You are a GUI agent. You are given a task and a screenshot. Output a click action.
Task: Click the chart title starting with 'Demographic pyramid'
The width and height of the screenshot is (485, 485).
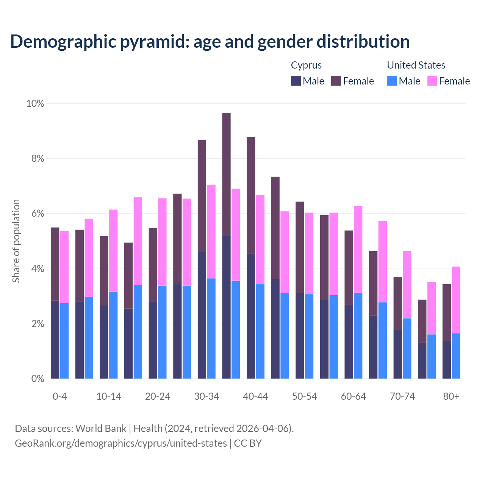210,41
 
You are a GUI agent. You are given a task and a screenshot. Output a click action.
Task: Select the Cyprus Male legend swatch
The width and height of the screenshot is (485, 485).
296,81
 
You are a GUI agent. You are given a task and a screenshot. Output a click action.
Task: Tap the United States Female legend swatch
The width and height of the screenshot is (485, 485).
432,81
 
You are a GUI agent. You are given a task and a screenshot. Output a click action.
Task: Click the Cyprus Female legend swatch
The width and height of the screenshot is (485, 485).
336,81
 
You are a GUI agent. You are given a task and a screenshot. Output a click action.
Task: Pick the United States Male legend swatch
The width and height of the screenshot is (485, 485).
392,81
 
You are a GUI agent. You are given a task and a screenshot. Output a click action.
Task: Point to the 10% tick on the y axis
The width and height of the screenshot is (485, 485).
35,103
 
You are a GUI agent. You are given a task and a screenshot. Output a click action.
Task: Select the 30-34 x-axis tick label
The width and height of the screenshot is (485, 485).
207,396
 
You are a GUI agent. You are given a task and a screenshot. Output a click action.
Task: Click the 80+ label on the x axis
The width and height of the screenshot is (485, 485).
451,396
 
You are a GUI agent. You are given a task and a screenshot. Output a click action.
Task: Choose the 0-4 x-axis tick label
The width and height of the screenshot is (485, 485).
59,396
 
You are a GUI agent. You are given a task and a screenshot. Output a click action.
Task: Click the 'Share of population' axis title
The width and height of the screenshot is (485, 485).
16,241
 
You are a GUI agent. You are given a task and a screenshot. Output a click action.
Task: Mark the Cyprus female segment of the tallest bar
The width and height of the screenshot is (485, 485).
226,174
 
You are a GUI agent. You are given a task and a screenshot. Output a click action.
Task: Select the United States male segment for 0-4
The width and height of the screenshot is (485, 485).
64,341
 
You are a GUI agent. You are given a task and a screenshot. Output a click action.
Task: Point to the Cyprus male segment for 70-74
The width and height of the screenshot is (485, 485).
397,354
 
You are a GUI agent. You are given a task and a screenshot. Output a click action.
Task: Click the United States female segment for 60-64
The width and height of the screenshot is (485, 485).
358,249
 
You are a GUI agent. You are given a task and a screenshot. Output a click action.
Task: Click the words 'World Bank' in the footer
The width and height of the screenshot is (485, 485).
101,429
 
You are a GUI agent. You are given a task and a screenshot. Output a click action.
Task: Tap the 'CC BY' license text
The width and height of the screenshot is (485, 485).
248,443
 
